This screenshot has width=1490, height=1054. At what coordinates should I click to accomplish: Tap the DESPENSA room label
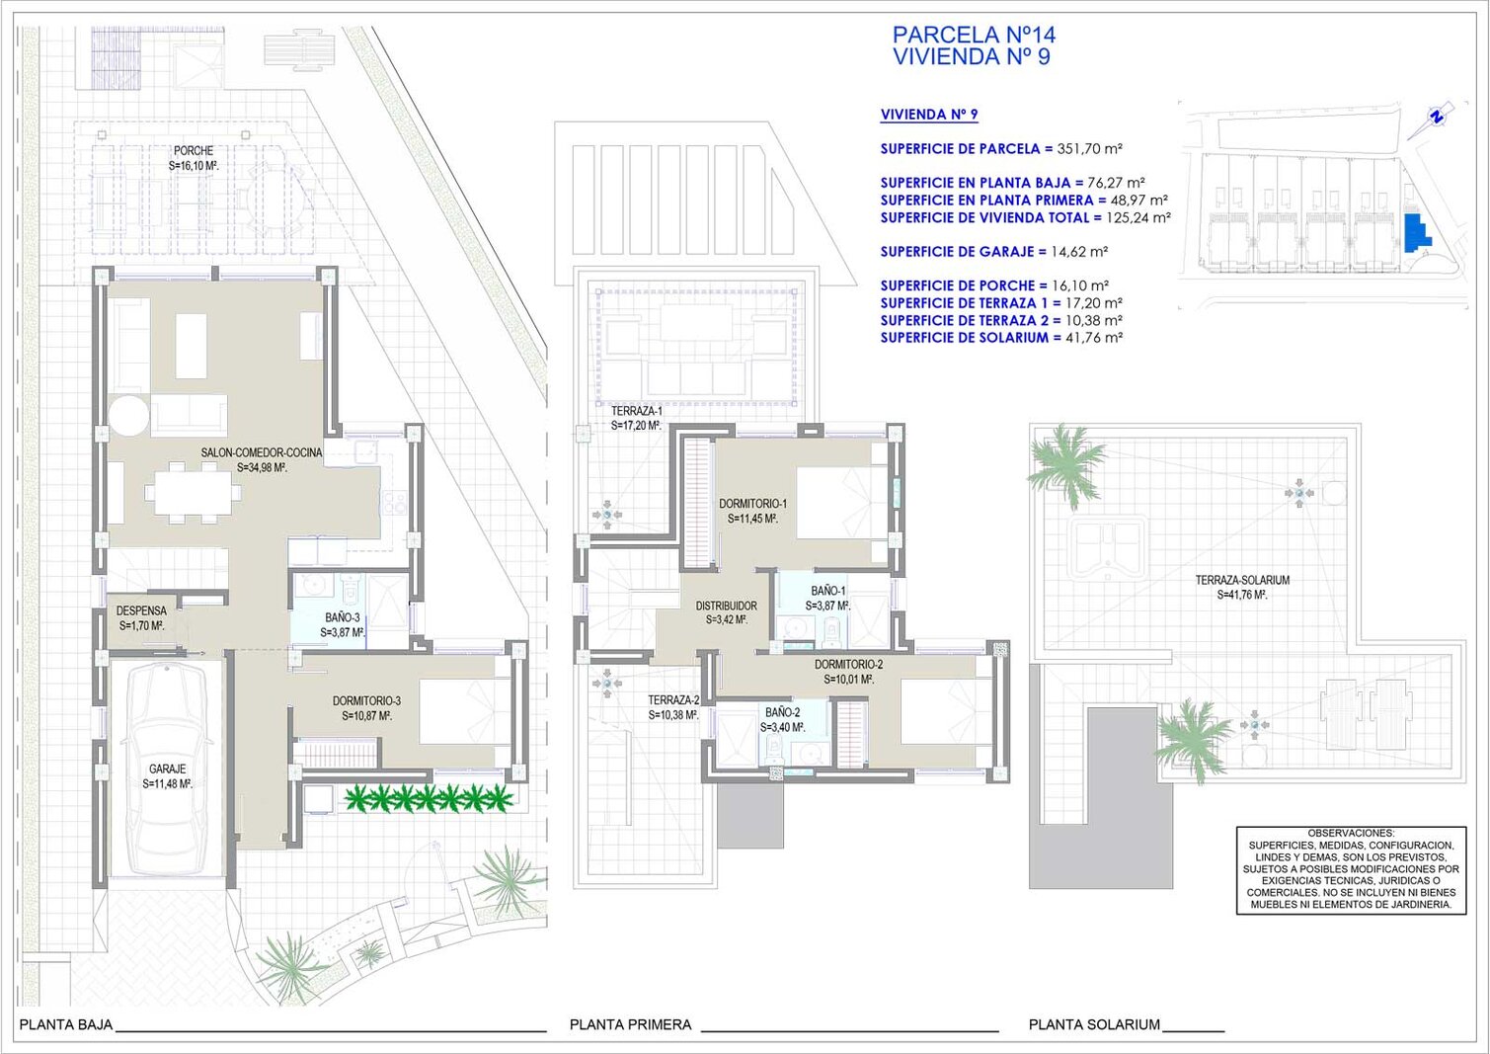point(141,610)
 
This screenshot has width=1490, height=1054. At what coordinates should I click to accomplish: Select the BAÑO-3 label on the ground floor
point(342,618)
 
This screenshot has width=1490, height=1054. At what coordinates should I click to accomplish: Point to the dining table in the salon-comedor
point(193,493)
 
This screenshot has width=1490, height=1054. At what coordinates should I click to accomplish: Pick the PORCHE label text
point(194,151)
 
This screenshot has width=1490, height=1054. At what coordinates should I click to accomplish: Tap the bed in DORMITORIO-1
point(842,503)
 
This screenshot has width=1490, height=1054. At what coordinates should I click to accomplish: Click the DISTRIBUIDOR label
point(727,606)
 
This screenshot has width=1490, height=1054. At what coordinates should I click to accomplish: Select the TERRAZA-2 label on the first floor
point(673,700)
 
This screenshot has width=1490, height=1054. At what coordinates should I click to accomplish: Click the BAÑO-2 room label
point(782,712)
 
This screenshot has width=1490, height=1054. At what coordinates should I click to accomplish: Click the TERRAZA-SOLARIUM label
point(1242,580)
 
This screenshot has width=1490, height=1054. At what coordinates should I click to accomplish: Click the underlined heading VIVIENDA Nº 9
point(929,115)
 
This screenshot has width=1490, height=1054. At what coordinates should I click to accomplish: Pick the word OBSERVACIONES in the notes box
point(1351,833)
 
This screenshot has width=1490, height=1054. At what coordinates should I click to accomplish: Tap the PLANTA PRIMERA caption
point(631,1024)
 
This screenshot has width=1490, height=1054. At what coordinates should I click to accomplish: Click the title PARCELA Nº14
point(975,35)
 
